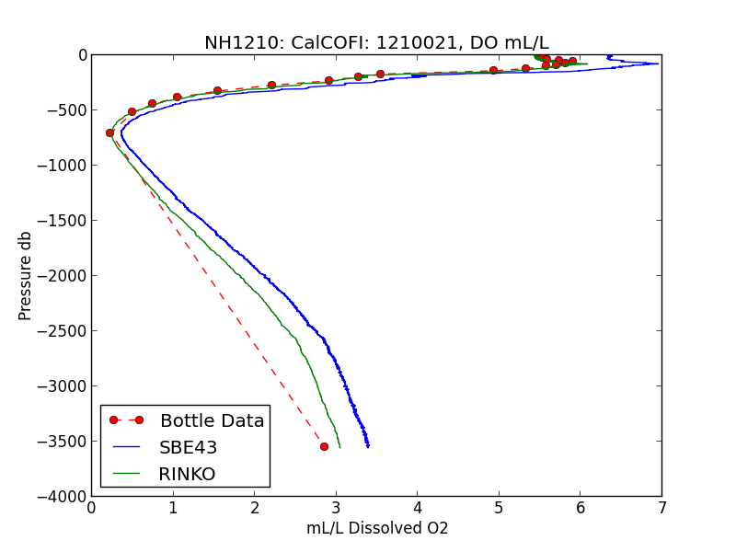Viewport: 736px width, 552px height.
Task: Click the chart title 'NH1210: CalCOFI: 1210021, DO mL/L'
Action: [x=376, y=42]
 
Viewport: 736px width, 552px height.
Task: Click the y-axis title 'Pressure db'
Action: [x=26, y=276]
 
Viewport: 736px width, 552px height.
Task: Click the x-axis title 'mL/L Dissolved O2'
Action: [x=377, y=528]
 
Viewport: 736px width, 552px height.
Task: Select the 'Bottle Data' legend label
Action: [x=212, y=420]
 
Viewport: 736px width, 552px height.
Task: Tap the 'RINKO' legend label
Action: [x=187, y=474]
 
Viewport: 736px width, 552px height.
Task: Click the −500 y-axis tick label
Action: [x=66, y=110]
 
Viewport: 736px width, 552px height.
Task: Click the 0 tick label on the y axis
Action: [x=82, y=55]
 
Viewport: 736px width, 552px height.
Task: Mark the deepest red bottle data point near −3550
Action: [x=324, y=446]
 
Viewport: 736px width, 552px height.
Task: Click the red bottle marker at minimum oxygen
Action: [x=109, y=132]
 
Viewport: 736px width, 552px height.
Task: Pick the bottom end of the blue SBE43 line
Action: [x=368, y=446]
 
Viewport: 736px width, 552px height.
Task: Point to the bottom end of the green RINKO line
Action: [x=339, y=446]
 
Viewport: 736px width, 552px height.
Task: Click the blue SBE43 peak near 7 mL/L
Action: [x=658, y=63]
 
